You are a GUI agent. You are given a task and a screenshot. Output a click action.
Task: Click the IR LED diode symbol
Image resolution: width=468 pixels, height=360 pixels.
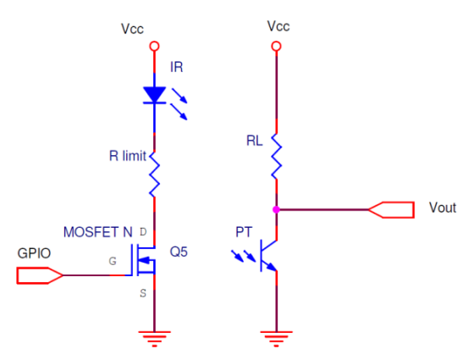(x=155, y=95)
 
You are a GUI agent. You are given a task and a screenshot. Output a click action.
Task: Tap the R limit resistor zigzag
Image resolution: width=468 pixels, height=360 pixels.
(x=154, y=174)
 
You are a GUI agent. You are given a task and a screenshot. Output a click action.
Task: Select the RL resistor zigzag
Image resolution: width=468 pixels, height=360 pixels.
(x=277, y=156)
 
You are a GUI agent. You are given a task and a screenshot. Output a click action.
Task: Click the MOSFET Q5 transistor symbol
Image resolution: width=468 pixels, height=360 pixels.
(x=144, y=260)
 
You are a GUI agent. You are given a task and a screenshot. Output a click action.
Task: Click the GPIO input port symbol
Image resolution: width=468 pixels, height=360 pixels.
(x=40, y=275)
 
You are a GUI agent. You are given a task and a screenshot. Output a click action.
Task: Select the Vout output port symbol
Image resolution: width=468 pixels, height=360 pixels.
(x=391, y=210)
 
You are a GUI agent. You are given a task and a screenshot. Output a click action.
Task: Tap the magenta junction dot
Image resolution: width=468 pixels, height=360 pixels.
(x=277, y=210)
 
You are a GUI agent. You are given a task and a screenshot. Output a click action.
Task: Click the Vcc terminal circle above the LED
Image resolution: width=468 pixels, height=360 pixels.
(x=154, y=47)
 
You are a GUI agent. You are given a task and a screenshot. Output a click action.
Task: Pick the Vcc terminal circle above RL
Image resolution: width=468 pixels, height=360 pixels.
(x=277, y=47)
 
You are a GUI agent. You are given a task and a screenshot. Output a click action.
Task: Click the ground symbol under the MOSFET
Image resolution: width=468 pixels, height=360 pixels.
(x=154, y=339)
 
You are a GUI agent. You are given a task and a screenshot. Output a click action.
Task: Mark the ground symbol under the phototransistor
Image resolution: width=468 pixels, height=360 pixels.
(x=277, y=339)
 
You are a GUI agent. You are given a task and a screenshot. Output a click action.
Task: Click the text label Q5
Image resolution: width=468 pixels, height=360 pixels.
(x=179, y=252)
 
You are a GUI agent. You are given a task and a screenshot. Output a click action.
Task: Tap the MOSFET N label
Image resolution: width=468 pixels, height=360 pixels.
(x=98, y=232)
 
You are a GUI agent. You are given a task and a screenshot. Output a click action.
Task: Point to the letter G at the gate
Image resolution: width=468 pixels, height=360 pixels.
(x=113, y=261)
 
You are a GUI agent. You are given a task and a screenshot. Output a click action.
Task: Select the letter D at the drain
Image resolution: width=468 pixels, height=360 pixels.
(x=143, y=232)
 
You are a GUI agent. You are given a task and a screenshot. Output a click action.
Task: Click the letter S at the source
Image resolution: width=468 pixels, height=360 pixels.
(x=143, y=293)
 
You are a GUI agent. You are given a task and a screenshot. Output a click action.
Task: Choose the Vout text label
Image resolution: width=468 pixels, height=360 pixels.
(x=443, y=208)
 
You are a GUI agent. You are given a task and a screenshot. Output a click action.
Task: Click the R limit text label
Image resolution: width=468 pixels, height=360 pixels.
(x=128, y=156)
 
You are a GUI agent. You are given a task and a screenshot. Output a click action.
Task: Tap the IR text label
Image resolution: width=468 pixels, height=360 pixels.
(x=176, y=67)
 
